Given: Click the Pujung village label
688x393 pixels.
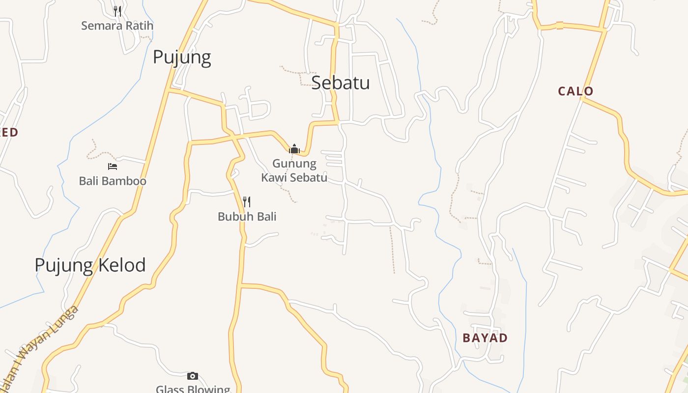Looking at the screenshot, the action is pyautogui.click(x=182, y=57).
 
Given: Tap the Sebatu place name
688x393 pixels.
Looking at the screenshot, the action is pyautogui.click(x=341, y=83).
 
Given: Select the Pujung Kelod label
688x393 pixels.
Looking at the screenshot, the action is pyautogui.click(x=90, y=265).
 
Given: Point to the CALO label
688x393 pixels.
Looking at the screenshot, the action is pyautogui.click(x=575, y=91).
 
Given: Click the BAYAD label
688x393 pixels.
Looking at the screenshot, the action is pyautogui.click(x=485, y=337).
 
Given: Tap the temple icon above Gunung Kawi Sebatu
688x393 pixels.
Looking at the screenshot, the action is pyautogui.click(x=294, y=148).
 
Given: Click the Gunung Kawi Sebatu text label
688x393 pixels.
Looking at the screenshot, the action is pyautogui.click(x=294, y=170).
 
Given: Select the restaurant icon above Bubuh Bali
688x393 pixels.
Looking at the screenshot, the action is pyautogui.click(x=247, y=201).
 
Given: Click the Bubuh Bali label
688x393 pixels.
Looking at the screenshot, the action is pyautogui.click(x=247, y=216).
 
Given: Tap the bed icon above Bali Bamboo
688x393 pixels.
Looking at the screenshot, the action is pyautogui.click(x=113, y=167).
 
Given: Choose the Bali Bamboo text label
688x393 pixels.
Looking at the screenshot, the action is pyautogui.click(x=113, y=181).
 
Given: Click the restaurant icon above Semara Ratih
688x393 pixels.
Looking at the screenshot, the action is pyautogui.click(x=117, y=11).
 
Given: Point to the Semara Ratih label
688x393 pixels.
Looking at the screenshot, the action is pyautogui.click(x=117, y=26).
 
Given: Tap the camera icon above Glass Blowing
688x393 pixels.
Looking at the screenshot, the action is pyautogui.click(x=193, y=376).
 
